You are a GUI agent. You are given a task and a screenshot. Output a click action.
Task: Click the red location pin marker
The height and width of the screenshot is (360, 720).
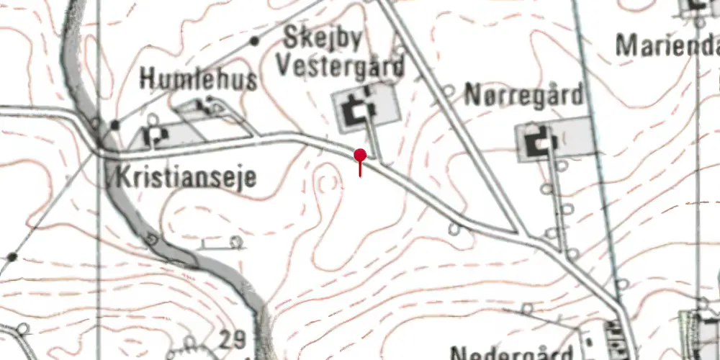[x=360, y=156]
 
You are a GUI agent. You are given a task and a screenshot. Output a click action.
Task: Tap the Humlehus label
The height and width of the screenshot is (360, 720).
[x=198, y=78]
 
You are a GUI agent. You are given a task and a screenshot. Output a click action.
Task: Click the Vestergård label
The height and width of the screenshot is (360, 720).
[x=341, y=66]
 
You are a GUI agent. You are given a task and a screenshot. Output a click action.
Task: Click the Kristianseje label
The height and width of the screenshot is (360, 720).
[x=185, y=176]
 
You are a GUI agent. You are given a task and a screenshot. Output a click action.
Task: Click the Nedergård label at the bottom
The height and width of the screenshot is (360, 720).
[x=511, y=354]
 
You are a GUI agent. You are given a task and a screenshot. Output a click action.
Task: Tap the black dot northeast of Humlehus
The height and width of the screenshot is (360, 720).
[x=254, y=41]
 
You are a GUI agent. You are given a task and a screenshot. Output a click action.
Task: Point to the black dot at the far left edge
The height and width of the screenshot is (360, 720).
[x=12, y=256]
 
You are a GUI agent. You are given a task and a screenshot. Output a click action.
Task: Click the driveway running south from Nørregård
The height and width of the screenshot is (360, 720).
[x=557, y=194]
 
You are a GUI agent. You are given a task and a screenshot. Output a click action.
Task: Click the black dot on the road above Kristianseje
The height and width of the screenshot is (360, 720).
[x=115, y=125]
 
